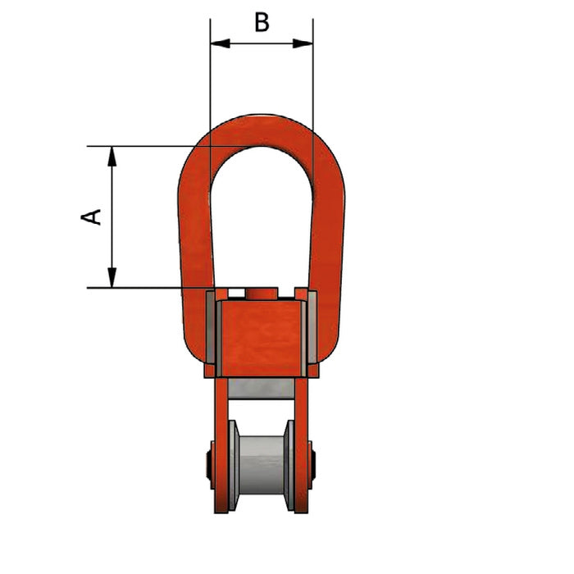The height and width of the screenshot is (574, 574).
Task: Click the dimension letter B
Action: tap(262, 22)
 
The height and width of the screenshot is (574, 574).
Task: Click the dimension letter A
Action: tap(91, 216)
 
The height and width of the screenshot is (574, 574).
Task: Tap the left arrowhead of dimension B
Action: tap(221, 43)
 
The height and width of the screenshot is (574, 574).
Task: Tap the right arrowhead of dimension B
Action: tap(303, 43)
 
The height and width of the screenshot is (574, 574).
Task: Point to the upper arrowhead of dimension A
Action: tap(112, 157)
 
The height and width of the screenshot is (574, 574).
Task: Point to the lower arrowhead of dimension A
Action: tap(112, 277)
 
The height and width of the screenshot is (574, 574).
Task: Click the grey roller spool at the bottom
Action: tap(262, 465)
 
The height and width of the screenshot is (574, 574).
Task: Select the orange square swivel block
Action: tap(262, 339)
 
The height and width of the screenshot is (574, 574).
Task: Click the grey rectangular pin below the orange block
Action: tap(261, 389)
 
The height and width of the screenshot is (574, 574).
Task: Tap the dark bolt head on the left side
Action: tap(210, 465)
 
